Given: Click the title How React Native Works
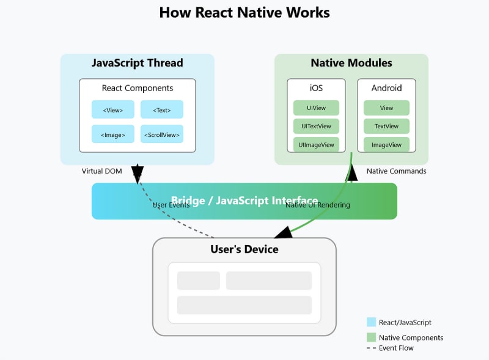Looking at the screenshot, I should [244, 12].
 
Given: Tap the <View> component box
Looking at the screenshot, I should [113, 110].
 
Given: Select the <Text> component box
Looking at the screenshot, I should [162, 110].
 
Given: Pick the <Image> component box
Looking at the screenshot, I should [113, 134].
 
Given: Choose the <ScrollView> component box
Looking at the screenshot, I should [162, 134].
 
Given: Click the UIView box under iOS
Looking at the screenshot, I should [316, 108].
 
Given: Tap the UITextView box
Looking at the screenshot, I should [316, 127].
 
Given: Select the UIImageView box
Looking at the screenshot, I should [316, 145].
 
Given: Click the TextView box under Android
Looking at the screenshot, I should [386, 127].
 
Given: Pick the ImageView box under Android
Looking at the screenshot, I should [386, 145].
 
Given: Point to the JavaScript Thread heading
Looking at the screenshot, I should [137, 63].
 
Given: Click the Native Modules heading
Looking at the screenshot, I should [351, 63].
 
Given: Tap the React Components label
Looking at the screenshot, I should [138, 88].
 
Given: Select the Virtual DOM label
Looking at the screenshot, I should [102, 171].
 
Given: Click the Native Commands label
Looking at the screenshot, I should [396, 171].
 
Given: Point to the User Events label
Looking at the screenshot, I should [171, 205].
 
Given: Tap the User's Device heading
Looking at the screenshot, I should [244, 249].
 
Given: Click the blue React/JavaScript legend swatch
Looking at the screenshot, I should [371, 322].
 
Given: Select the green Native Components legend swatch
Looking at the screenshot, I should [371, 337].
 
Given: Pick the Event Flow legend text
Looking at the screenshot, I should [396, 348].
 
